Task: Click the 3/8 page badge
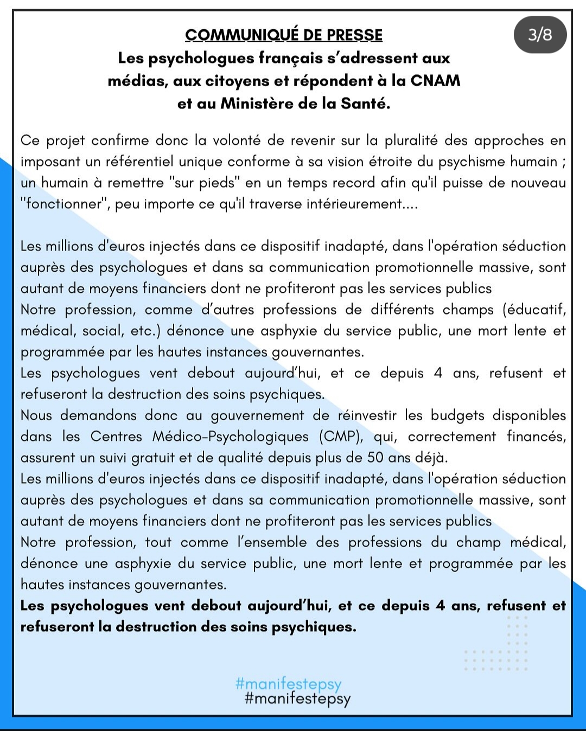[x=540, y=35]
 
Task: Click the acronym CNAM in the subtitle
[x=435, y=81]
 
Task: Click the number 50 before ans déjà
[x=375, y=458]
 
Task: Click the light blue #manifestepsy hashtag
[x=289, y=684]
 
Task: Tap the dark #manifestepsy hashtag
[x=298, y=698]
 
